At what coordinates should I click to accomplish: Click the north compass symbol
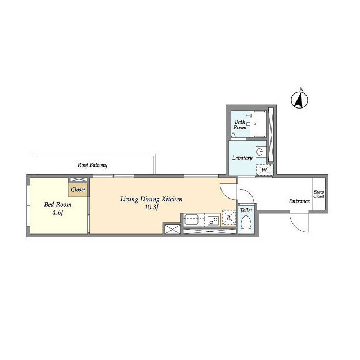point(299,100)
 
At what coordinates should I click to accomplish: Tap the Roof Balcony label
point(92,165)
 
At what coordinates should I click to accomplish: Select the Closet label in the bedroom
point(78,190)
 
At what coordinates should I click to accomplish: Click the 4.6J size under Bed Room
point(57,213)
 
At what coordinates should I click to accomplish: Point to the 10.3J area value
point(151,208)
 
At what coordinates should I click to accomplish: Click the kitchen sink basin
point(191,220)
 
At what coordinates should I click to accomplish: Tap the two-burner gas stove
point(213,220)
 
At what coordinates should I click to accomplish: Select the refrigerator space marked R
point(229,218)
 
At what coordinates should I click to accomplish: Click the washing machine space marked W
point(264,170)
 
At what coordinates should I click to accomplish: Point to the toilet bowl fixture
point(246,223)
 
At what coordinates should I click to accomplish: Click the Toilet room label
point(246,210)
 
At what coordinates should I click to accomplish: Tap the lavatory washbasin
point(260,152)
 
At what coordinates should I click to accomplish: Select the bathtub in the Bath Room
point(260,124)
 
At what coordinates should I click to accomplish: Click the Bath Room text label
point(240,125)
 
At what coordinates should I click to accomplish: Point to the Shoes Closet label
point(319,194)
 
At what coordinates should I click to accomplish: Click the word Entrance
point(299,201)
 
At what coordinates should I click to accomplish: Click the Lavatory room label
point(242,157)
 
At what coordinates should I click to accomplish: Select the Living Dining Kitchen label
point(151,199)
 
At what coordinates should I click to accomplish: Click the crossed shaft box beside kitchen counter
point(173,229)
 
